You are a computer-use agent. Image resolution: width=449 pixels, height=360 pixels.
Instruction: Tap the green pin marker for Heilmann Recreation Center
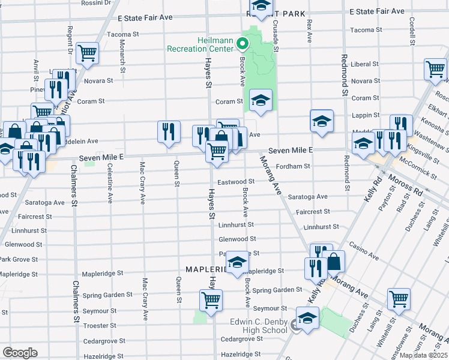click(x=243, y=43)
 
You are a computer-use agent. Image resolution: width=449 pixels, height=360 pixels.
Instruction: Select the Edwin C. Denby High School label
click(x=259, y=326)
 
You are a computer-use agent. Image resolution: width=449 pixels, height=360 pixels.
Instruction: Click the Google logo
click(x=20, y=353)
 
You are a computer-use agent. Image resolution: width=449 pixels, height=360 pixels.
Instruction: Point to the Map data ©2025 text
click(x=424, y=355)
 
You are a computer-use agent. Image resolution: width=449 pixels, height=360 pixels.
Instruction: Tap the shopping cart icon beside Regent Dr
click(x=88, y=53)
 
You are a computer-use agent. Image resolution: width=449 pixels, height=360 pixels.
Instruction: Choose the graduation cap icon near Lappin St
click(x=322, y=121)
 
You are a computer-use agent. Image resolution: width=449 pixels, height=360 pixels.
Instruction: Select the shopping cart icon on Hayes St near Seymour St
click(x=211, y=299)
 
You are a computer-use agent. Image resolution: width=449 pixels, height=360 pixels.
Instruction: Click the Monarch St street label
click(x=122, y=55)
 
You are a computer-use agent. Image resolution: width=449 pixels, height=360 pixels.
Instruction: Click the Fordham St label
click(x=293, y=166)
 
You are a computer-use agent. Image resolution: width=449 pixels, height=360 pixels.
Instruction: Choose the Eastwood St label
click(x=237, y=181)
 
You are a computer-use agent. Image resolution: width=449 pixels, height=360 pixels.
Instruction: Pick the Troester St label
click(x=100, y=325)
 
